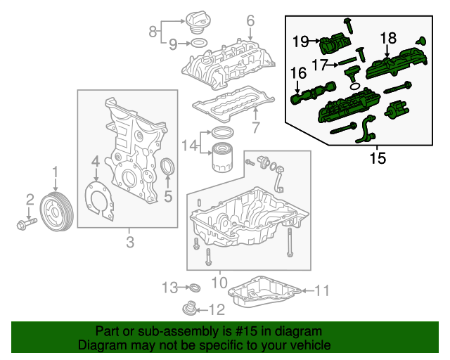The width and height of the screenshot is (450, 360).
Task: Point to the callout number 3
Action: pyautogui.click(x=129, y=243)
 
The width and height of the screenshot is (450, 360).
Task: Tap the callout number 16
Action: pyautogui.click(x=298, y=72)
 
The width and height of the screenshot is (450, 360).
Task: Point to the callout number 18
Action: pyautogui.click(x=389, y=37)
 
